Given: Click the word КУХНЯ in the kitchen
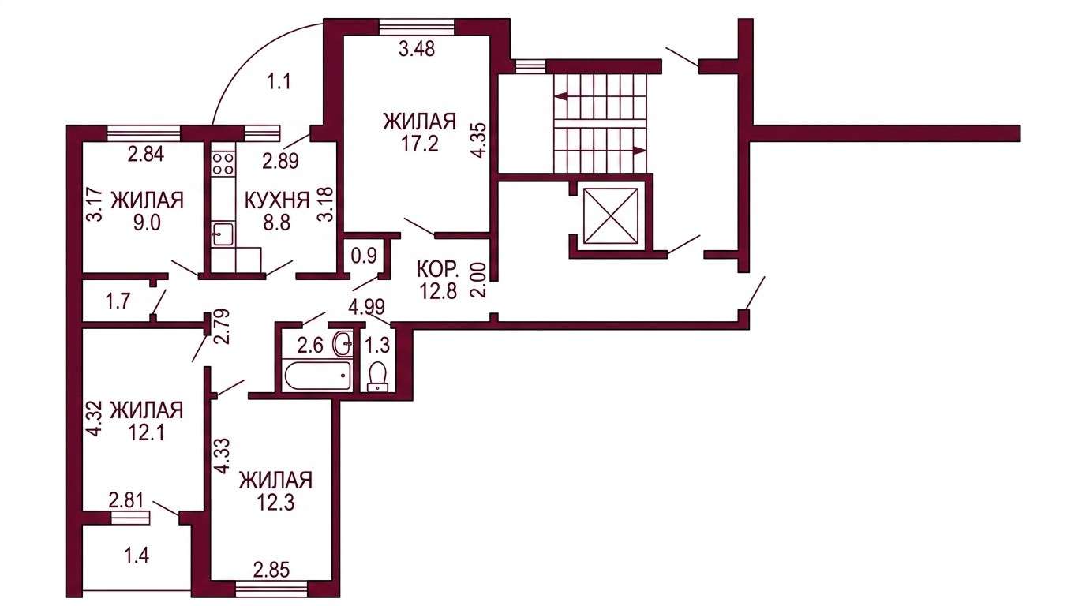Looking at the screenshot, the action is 277,200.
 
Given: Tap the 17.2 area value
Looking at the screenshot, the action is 420,144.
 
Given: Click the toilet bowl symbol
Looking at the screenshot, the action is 377,377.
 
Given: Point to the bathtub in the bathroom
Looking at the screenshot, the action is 317,375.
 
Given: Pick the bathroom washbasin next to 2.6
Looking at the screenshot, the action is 344,344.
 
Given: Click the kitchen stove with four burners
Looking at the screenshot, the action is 223,163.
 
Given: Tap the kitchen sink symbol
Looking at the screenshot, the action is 223,234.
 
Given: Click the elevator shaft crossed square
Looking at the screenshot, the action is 611,215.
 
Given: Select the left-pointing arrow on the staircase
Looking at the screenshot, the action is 601,96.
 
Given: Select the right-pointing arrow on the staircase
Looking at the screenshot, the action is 601,151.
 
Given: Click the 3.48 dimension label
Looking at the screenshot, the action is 417,49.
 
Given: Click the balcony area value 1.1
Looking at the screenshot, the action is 279,81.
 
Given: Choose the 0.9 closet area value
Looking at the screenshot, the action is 364,255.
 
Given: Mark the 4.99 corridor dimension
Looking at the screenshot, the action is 367,306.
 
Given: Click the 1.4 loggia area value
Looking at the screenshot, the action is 137,555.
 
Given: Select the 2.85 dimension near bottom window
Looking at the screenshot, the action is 271,570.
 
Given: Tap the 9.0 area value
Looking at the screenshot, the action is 147,223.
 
